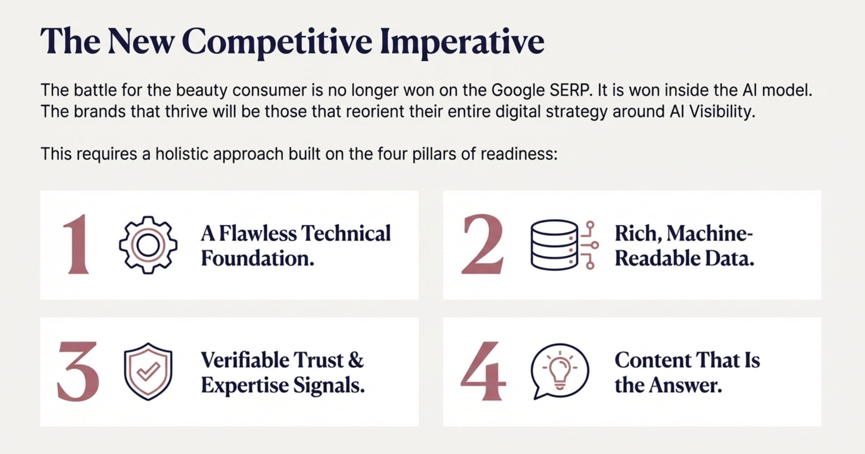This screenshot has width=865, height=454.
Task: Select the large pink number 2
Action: click(482, 244)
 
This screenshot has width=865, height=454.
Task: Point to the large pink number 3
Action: click(78, 371)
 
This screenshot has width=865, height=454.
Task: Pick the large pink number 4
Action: click(483, 371)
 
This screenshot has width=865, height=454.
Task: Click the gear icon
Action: click(148, 245)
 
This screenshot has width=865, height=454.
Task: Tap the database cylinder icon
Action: click(564, 245)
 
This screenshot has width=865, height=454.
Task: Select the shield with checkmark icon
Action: click(148, 372)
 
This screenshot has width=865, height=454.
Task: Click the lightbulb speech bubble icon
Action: click(559, 371)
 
